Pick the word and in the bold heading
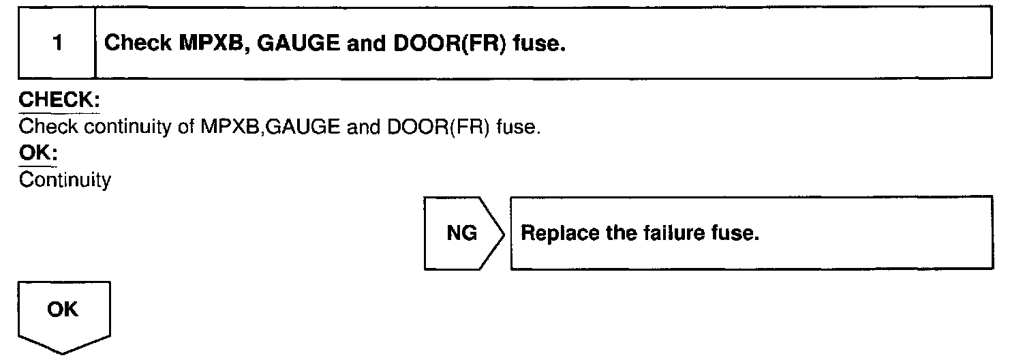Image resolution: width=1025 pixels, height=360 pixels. pos(366,44)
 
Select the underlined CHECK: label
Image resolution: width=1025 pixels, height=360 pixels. pos(59,101)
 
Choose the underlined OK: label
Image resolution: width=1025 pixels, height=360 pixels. pos(38,154)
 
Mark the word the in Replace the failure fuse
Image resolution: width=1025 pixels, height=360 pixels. pos(621,233)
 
